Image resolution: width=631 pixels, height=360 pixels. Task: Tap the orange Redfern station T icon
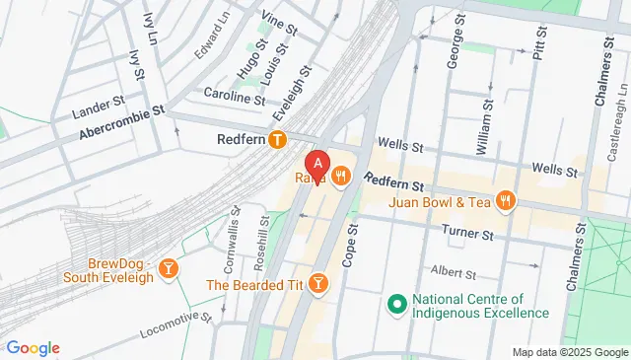[x=280, y=141]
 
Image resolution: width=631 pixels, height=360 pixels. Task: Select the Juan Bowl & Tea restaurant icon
[x=506, y=201]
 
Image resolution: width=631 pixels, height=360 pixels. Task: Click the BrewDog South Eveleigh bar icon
[x=170, y=268]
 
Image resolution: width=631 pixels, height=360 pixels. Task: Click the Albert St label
[x=453, y=270]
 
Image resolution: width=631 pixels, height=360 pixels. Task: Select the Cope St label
[x=351, y=242]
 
